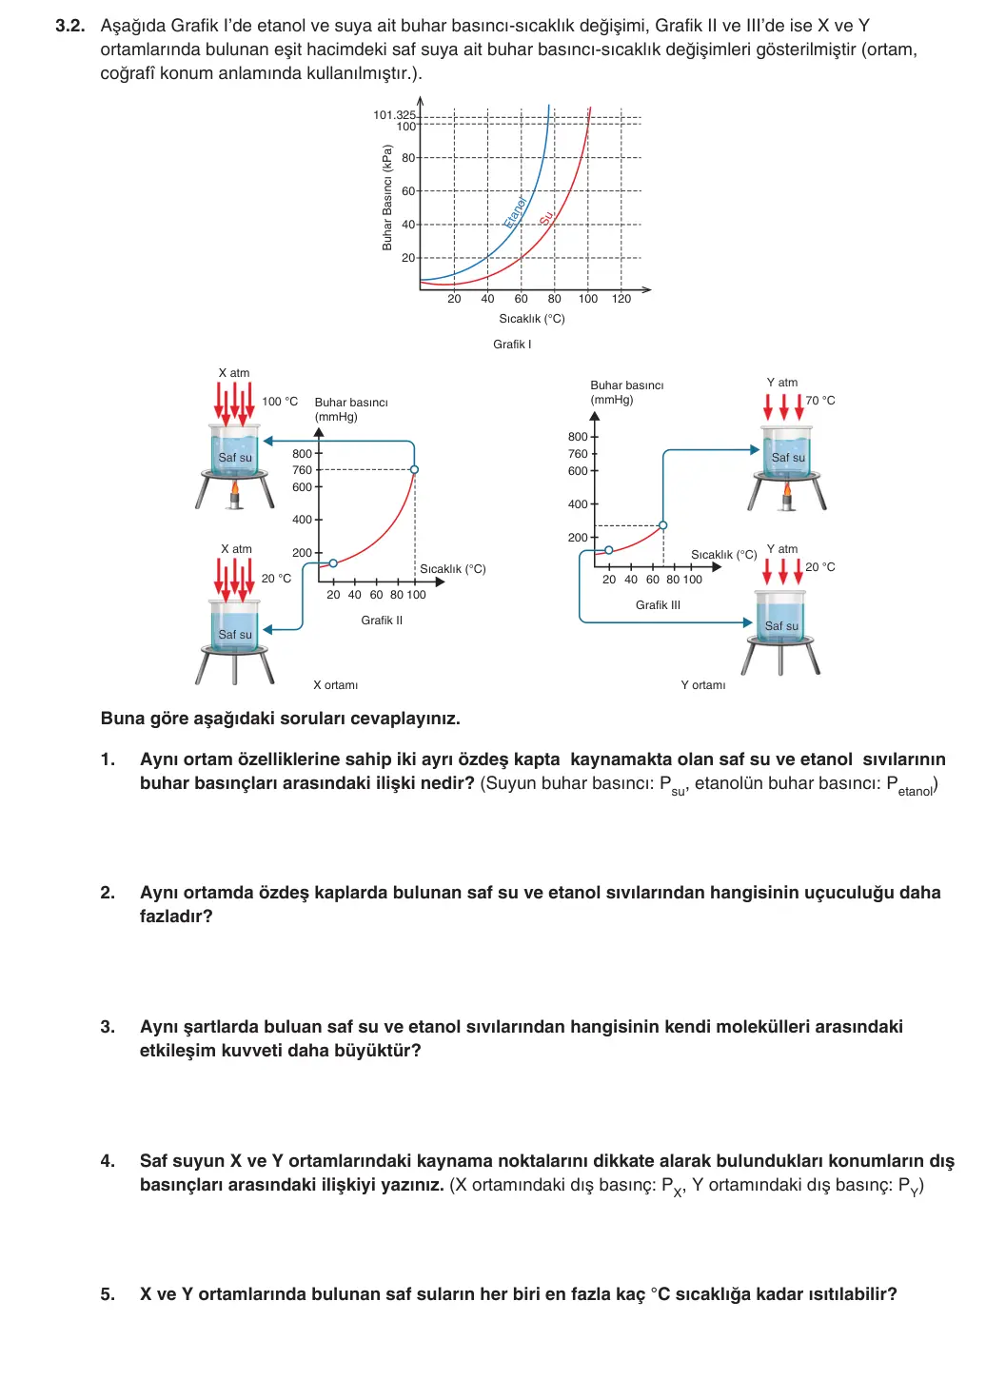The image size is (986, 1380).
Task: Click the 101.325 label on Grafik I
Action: click(x=394, y=114)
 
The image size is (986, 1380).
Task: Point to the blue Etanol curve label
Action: click(x=515, y=212)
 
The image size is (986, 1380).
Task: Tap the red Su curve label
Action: click(x=546, y=218)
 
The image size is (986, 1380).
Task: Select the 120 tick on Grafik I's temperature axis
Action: click(x=621, y=299)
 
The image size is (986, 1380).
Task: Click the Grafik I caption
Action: click(x=512, y=345)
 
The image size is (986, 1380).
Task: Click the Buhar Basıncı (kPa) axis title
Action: click(x=387, y=198)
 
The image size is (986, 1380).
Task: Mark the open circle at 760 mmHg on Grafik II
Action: click(x=415, y=469)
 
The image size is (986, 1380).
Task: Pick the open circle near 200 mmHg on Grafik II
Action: click(x=333, y=563)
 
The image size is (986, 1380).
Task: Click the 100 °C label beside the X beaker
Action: click(x=280, y=402)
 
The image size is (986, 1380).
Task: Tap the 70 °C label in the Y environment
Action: click(x=820, y=401)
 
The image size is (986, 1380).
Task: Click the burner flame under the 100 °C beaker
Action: click(x=235, y=489)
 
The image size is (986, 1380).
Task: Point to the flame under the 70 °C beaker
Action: click(x=787, y=490)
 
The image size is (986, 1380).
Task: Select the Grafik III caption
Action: click(x=659, y=605)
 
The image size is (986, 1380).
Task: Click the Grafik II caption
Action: click(x=382, y=621)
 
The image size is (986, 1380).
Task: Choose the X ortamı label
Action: click(x=335, y=685)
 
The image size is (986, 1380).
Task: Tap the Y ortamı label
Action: click(x=703, y=685)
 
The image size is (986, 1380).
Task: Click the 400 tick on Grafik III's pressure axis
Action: click(x=578, y=504)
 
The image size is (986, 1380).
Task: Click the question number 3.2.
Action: click(x=69, y=26)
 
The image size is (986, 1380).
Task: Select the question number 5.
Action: click(x=108, y=1293)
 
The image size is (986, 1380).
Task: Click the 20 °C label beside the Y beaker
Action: click(x=820, y=567)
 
